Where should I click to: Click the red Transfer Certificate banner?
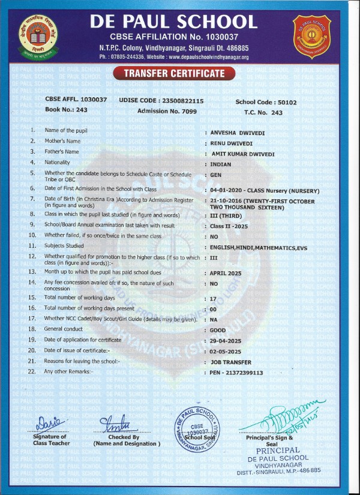173,74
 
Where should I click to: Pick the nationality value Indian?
221,163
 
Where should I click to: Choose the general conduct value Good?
218,330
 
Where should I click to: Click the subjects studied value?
256,247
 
